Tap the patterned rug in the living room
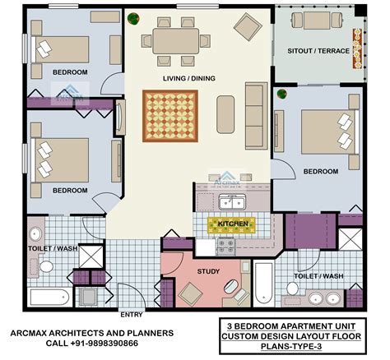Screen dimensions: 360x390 coord(171,114)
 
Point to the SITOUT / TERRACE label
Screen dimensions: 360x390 coord(318,51)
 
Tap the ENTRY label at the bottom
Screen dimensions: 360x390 coord(132,314)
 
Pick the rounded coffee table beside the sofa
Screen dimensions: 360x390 coord(226,114)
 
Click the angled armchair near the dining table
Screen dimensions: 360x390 coord(247,28)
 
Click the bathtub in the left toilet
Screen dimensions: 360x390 coord(50,295)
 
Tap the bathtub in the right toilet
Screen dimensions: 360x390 coord(263,284)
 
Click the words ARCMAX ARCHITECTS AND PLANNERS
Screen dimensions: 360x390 coord(92,334)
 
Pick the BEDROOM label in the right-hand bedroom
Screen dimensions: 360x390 coord(321,171)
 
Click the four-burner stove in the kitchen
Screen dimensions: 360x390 coord(224,244)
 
